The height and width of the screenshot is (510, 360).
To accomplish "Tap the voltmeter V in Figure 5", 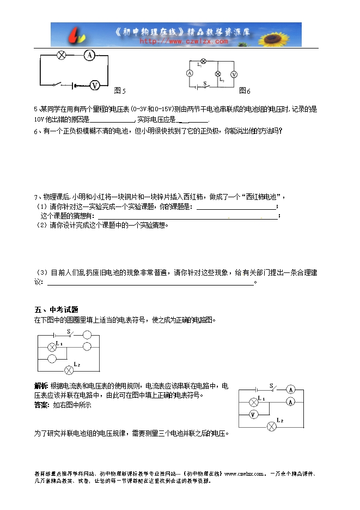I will coord(95,85).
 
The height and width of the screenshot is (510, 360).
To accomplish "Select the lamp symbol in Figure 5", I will coord(62,54).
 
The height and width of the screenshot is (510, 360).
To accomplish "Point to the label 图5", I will coord(120,90).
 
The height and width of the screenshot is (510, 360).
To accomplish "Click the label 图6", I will coord(245,90).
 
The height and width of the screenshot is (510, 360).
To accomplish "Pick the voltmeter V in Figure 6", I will coord(234,74).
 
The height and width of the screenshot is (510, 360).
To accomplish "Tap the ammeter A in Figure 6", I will coord(190,73).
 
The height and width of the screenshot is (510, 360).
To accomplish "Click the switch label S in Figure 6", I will coord(205,83).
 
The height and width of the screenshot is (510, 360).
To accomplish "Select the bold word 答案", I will coord(41,405).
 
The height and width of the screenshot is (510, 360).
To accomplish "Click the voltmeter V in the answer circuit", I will coord(253,415).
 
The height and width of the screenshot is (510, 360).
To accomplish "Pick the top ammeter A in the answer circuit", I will coord(291,389).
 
